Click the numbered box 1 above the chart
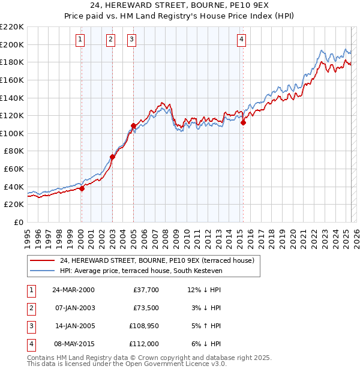click(x=80, y=40)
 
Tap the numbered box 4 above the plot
click(x=241, y=40)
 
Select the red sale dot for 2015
click(x=244, y=122)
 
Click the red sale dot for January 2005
click(x=133, y=125)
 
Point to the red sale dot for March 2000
click(x=82, y=188)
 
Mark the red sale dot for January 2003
click(x=112, y=157)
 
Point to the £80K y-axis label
click(x=14, y=151)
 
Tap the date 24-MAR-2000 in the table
click(x=74, y=290)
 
